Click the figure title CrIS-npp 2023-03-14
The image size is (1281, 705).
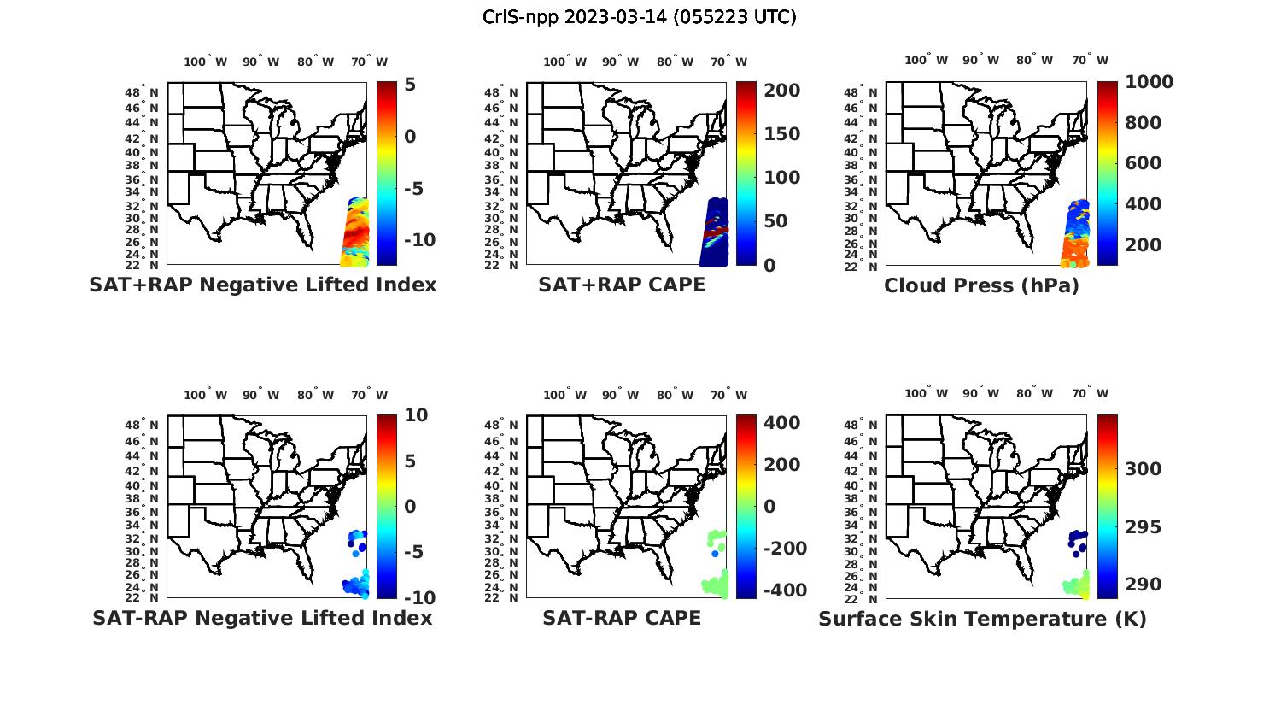[x=639, y=17]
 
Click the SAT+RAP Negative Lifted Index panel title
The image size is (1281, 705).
[x=263, y=285]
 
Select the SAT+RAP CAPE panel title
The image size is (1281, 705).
[x=622, y=285]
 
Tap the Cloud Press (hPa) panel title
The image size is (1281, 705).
[x=981, y=285]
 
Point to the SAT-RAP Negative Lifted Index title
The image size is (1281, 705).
[x=263, y=618]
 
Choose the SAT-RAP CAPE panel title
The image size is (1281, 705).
[x=622, y=618]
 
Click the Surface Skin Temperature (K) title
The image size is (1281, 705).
[x=982, y=619]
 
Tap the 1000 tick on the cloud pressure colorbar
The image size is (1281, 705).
[x=1149, y=82]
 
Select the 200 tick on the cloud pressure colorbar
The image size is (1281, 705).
[x=1144, y=245]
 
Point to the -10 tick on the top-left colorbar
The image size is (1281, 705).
[x=418, y=240]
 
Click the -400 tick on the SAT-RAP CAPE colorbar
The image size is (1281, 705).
[x=781, y=590]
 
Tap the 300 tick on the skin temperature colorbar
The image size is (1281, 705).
[x=1144, y=469]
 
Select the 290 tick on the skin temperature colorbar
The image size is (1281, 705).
[x=1144, y=585]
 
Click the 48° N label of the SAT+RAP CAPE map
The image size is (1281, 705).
[x=501, y=92]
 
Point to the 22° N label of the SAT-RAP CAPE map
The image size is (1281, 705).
[x=501, y=598]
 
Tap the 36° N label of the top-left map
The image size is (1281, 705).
[x=142, y=179]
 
